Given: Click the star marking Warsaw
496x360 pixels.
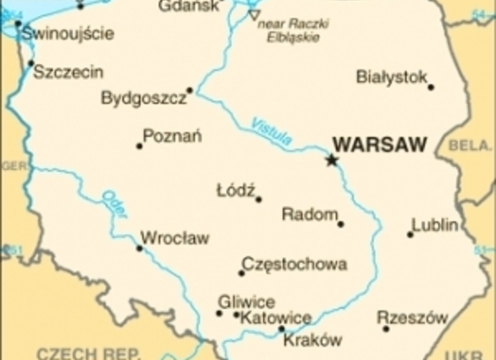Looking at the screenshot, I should point(332,159).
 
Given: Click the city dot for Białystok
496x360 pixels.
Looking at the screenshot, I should point(431,86).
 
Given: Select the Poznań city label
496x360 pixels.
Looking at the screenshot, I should point(172,136).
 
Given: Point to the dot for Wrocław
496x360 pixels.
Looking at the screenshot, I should point(140,248).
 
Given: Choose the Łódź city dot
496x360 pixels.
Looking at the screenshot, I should point(259,200).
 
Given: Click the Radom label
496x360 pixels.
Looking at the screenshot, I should point(309,214).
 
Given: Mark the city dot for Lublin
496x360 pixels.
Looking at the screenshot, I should point(410,234).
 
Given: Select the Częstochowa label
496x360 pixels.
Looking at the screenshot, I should point(294,264).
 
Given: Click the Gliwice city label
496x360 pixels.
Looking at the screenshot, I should point(246,302).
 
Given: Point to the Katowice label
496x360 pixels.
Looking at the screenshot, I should point(276,318).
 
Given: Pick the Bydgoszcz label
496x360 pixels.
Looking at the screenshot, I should point(143,98).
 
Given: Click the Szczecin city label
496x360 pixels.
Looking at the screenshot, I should point(69,72).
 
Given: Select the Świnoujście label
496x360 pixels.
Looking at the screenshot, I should point(68,34).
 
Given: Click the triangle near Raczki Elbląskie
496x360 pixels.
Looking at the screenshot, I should point(254,15).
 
